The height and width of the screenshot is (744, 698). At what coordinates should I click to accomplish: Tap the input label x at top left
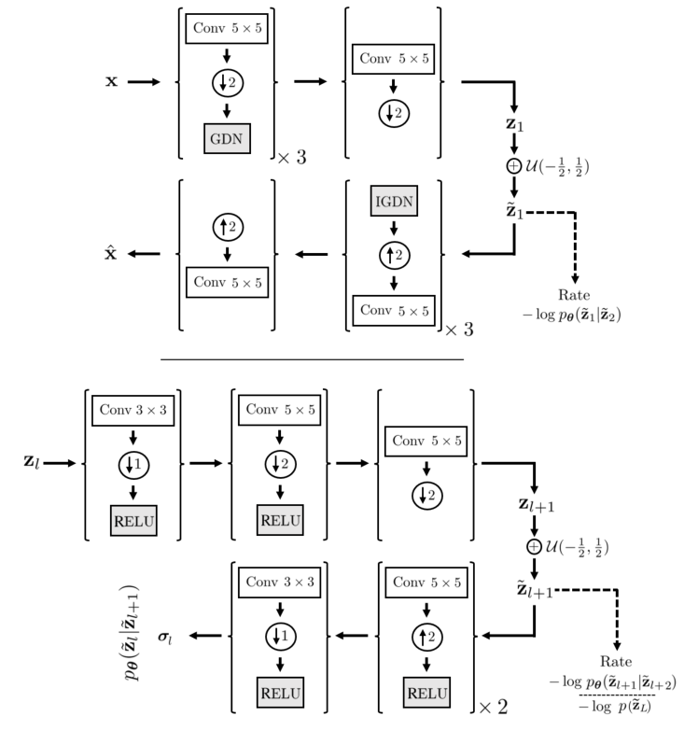coord(111,82)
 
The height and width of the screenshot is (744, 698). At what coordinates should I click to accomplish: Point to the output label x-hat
coord(111,254)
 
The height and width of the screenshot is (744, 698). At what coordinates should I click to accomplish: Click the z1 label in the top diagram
coord(514,123)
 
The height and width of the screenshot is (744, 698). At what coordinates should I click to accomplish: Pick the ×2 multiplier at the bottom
coord(494,707)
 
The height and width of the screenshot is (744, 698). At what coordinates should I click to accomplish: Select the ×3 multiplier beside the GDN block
coord(291,158)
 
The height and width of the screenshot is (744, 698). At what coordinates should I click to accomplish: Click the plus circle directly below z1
coord(513,166)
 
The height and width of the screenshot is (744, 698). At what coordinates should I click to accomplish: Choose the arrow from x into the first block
coord(145,82)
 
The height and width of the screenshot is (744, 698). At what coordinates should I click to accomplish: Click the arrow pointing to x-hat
coord(145,254)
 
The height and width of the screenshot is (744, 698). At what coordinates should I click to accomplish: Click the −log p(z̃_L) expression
coord(613,706)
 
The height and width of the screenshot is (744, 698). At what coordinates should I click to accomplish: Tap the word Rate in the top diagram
coord(574,295)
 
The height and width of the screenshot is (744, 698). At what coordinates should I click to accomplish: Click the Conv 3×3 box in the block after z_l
coord(132,408)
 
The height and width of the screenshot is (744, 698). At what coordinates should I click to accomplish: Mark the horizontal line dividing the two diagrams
coord(313,358)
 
